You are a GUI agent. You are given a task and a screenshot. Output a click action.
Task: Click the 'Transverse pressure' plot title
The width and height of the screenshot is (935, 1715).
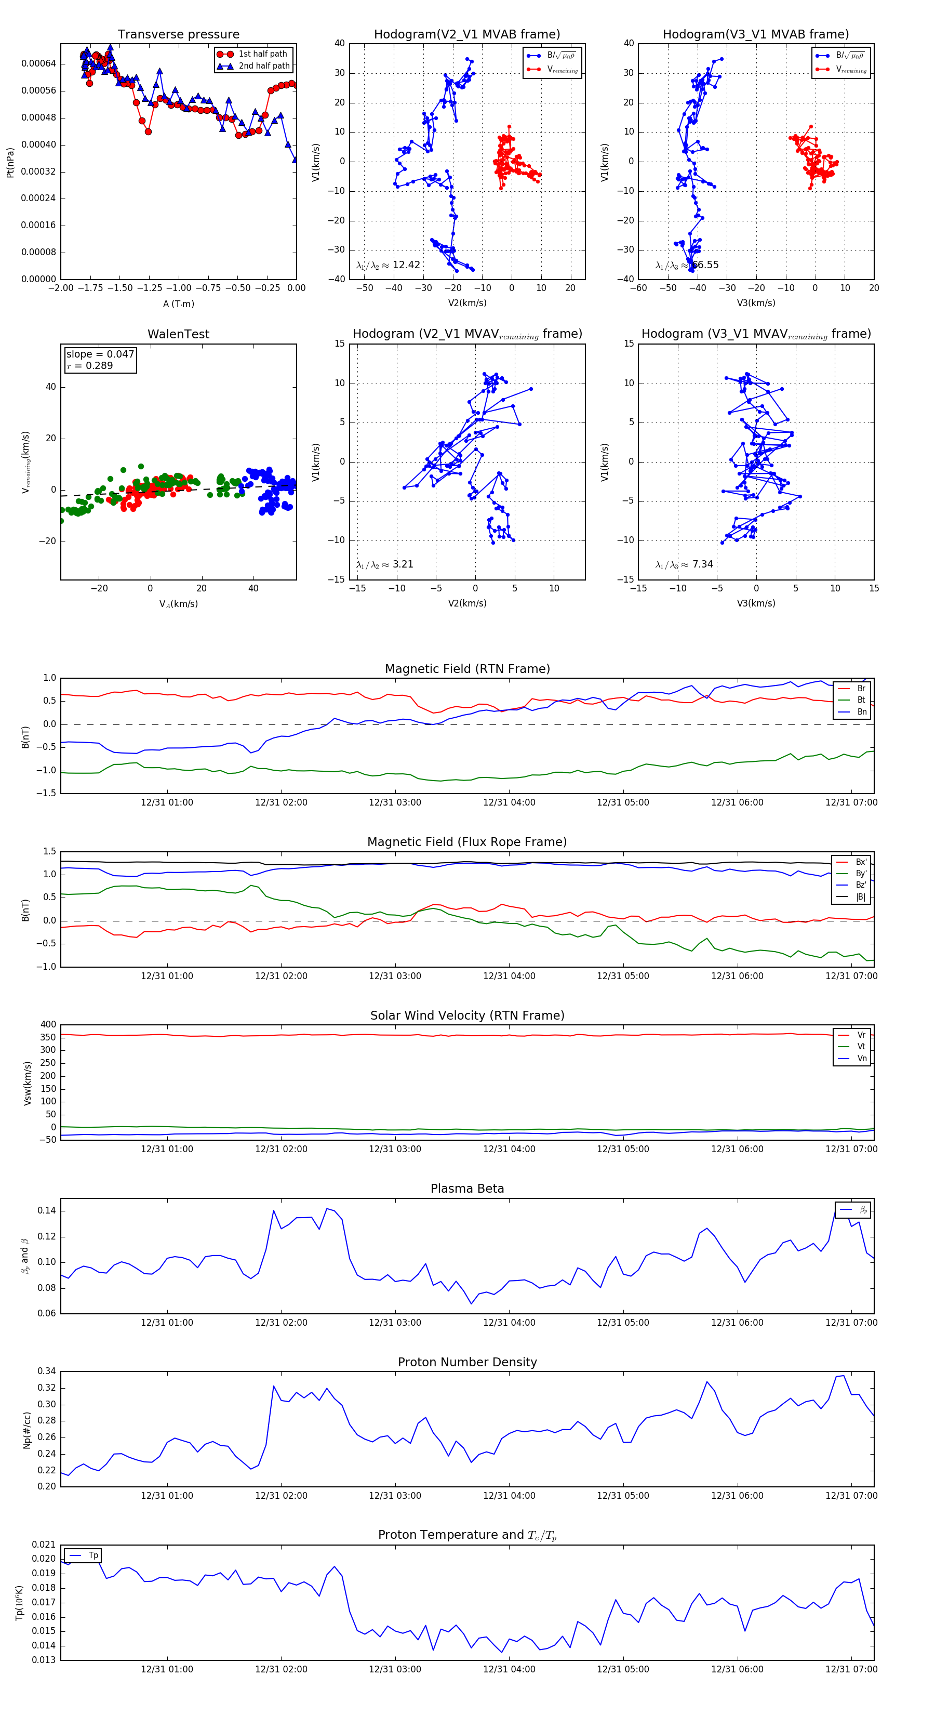point(178,35)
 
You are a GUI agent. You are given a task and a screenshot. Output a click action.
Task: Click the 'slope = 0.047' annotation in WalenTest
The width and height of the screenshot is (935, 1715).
point(100,354)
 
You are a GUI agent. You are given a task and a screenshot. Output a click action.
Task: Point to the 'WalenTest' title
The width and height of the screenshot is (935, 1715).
point(178,334)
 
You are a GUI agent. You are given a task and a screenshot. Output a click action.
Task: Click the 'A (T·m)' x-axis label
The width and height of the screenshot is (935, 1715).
point(178,304)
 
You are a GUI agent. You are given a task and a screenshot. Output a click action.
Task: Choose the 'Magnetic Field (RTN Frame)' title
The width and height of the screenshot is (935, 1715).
point(467,669)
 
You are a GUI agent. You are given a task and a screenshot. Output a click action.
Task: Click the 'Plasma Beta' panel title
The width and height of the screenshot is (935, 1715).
point(467,1189)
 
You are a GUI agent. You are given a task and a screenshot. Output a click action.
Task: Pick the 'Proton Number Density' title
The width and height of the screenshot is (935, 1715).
point(467,1362)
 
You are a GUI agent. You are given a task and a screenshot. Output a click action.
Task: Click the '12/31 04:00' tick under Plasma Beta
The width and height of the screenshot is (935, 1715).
point(509,1323)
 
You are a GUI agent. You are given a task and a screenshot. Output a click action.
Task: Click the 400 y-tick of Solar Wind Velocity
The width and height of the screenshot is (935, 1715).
point(48,1025)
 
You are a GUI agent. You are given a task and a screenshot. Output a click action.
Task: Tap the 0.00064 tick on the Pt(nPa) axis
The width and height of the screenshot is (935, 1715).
point(38,64)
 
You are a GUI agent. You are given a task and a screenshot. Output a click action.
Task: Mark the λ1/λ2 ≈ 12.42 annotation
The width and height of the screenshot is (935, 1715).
point(388,265)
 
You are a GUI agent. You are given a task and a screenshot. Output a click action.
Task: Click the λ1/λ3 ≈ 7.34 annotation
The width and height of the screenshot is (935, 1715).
point(684,564)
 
